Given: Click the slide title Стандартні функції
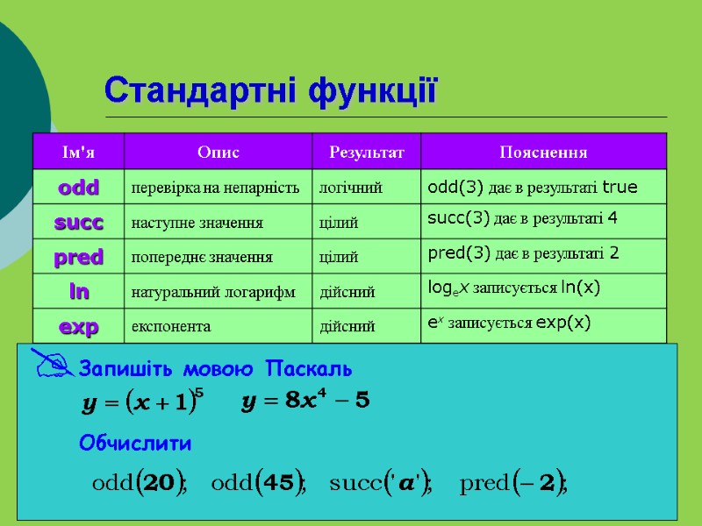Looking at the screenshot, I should click(270, 90).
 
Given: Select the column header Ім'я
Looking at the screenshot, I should click(78, 153).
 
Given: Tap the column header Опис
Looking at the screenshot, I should click(218, 153).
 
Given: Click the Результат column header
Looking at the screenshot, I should click(367, 153).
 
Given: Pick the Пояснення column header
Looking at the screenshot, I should click(543, 153).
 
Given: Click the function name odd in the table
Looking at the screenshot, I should click(78, 188).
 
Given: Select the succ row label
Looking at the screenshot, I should click(78, 223).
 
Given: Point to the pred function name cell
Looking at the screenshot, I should click(78, 257).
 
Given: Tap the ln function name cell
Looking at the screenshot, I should click(78, 291).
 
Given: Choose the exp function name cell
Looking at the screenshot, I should click(78, 326).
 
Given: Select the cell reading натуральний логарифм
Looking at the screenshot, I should click(213, 292).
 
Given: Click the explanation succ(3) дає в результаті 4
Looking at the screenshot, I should click(522, 217).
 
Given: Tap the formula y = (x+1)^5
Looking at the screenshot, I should click(142, 402).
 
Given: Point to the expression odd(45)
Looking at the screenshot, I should click(258, 483).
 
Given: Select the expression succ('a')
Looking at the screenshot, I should click(381, 483).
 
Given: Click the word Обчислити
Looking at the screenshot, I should click(135, 444).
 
